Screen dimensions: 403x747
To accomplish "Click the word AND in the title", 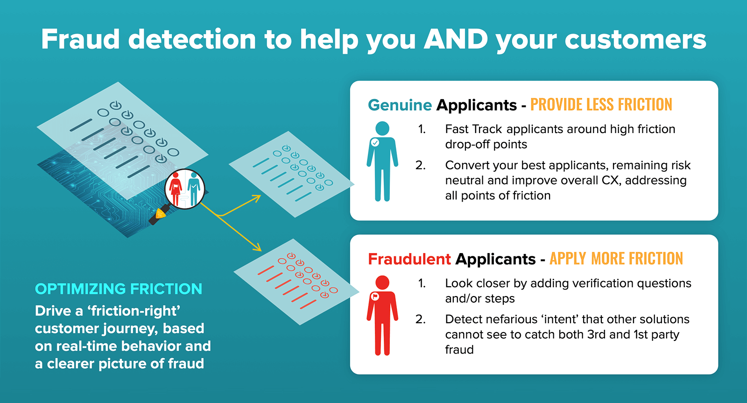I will pyautogui.click(x=455, y=39).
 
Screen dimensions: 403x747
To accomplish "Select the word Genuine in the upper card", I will pyautogui.click(x=400, y=105).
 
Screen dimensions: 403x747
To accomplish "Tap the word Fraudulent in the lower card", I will pyautogui.click(x=409, y=259).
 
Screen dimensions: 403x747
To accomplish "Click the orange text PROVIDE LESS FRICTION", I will pyautogui.click(x=601, y=105).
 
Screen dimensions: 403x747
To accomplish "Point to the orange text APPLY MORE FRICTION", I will pyautogui.click(x=616, y=259).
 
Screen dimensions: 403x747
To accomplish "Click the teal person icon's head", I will pyautogui.click(x=382, y=128).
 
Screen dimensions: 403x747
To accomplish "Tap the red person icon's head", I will pyautogui.click(x=382, y=283).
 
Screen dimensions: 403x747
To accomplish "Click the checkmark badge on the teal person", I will pyautogui.click(x=375, y=142).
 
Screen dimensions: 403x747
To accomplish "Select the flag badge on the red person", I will pyautogui.click(x=375, y=297).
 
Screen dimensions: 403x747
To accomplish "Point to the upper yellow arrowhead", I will pyautogui.click(x=257, y=198).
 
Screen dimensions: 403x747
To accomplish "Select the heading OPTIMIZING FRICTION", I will pyautogui.click(x=119, y=289).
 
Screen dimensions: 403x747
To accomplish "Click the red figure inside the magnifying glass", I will pyautogui.click(x=176, y=188).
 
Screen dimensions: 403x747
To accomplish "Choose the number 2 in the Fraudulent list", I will pyautogui.click(x=420, y=319).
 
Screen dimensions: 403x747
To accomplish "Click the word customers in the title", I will pyautogui.click(x=635, y=39).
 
